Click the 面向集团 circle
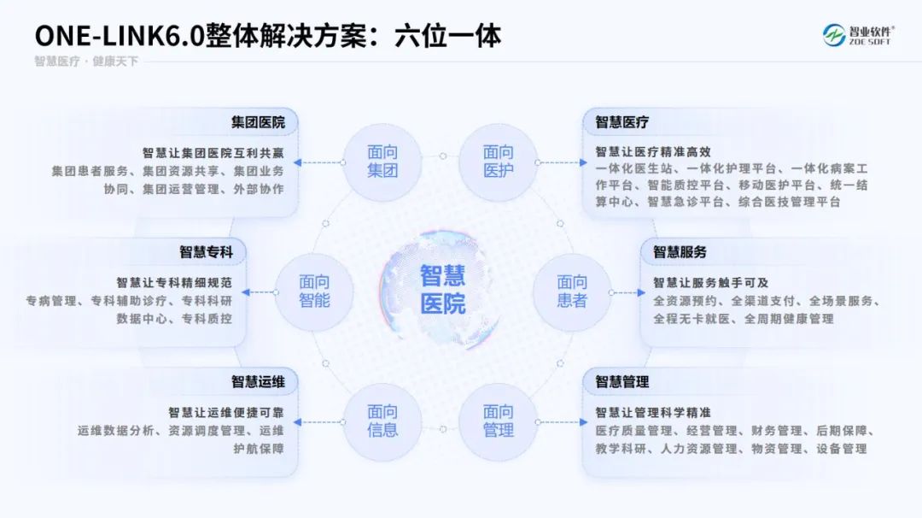[x=382, y=162]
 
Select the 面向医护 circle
[x=498, y=162]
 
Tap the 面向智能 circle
[x=314, y=291]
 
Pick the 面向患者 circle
[x=572, y=291]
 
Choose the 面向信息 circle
[x=382, y=421]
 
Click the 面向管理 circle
[x=498, y=421]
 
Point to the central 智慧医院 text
[x=442, y=289]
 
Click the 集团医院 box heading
[x=258, y=122]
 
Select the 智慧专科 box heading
[x=206, y=252]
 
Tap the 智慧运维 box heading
[x=258, y=381]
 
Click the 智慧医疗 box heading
[x=622, y=122]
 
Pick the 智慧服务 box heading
[x=680, y=252]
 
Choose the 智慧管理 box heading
[x=622, y=381]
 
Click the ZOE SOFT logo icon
[x=833, y=35]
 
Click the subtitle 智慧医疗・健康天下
[x=85, y=62]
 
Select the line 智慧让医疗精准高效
[x=653, y=152]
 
